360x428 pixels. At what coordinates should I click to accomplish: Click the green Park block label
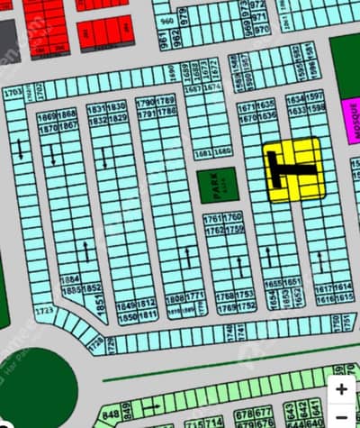217,184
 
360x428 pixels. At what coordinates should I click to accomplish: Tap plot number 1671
248,106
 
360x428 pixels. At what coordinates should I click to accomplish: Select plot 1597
316,96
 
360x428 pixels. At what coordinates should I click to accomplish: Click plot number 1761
212,219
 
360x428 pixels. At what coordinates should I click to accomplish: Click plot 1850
127,316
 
